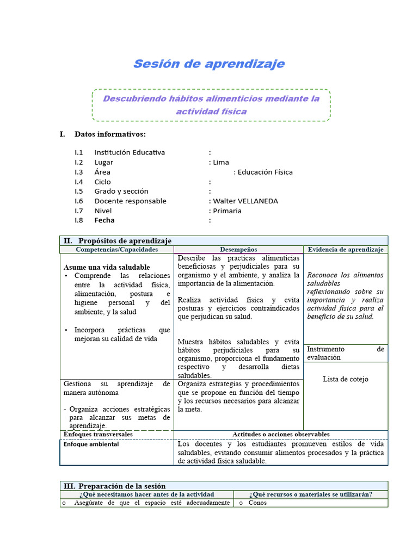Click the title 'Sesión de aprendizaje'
pos(209,64)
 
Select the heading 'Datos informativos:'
pos(110,134)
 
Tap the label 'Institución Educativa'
pos(130,152)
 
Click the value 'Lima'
pos(221,162)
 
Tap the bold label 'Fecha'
pos(104,221)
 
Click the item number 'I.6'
pos(79,201)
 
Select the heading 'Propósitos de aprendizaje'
pos(125,240)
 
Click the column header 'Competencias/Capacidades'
pos(117,250)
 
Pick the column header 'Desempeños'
pos(238,250)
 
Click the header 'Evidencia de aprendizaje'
pos(346,250)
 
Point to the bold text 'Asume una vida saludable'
pos(107,268)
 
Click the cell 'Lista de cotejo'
pos(345,379)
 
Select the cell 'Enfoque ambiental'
pos(91,444)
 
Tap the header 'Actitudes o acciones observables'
pos(281,435)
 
